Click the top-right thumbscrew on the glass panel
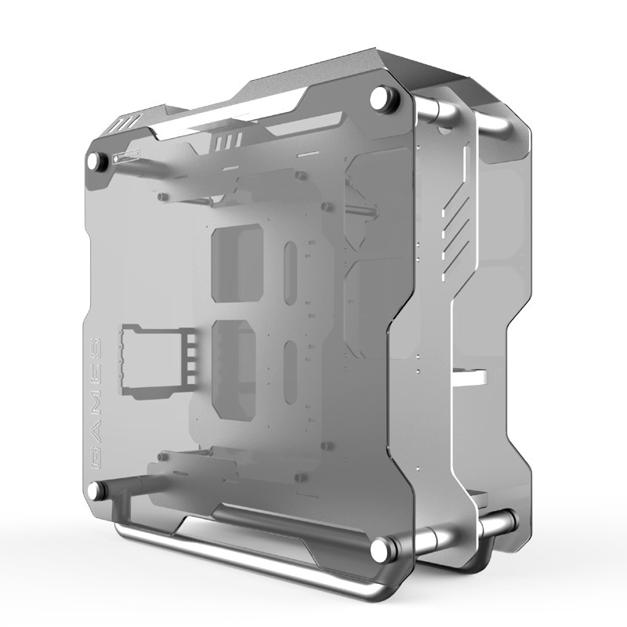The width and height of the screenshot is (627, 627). tap(382, 98)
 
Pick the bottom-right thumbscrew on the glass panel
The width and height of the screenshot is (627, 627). tap(382, 547)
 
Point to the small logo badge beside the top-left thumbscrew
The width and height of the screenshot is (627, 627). tap(126, 155)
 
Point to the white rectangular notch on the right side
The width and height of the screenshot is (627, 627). tap(469, 375)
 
